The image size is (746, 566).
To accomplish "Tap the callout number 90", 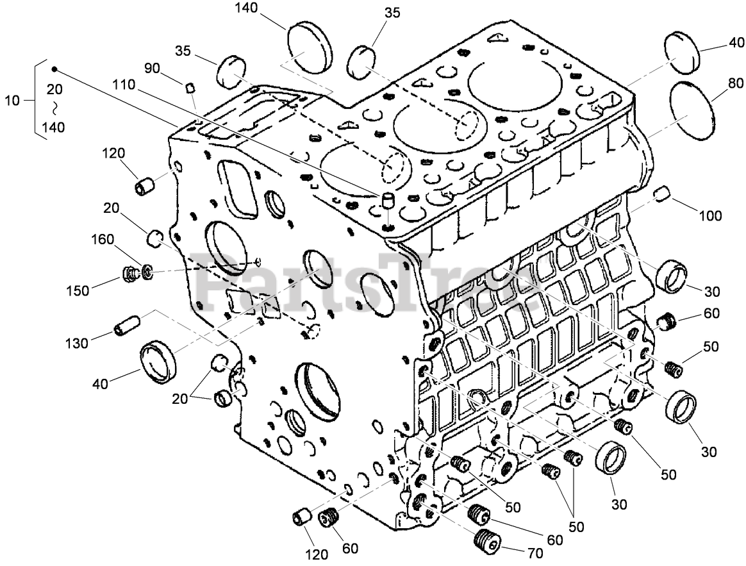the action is (152, 69).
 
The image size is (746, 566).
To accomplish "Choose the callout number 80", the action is (735, 83).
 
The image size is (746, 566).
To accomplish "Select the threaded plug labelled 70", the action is (487, 542).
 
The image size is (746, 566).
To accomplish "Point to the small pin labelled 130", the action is (126, 326).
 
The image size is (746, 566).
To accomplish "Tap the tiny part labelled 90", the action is (190, 87).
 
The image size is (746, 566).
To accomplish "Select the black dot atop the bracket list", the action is (54, 69).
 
